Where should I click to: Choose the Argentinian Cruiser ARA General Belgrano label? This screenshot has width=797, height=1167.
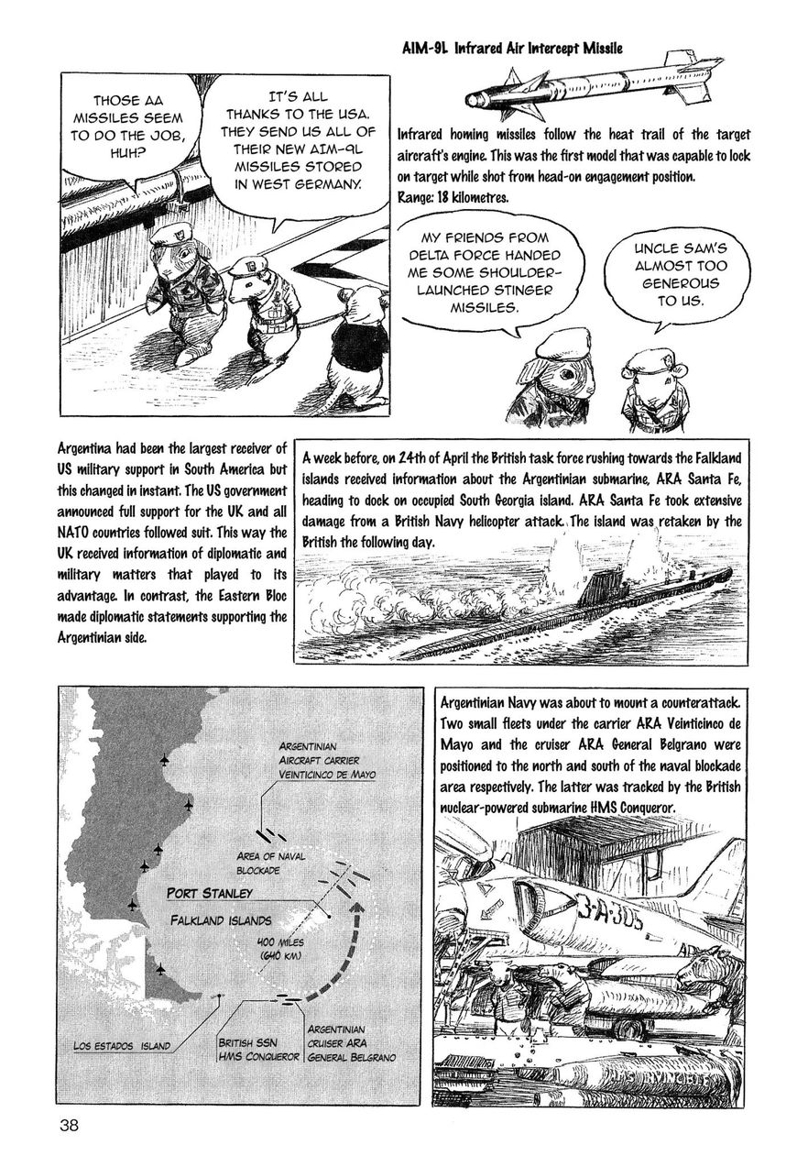pos(352,1043)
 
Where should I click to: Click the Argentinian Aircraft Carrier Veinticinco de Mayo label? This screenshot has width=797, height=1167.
pos(327,760)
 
